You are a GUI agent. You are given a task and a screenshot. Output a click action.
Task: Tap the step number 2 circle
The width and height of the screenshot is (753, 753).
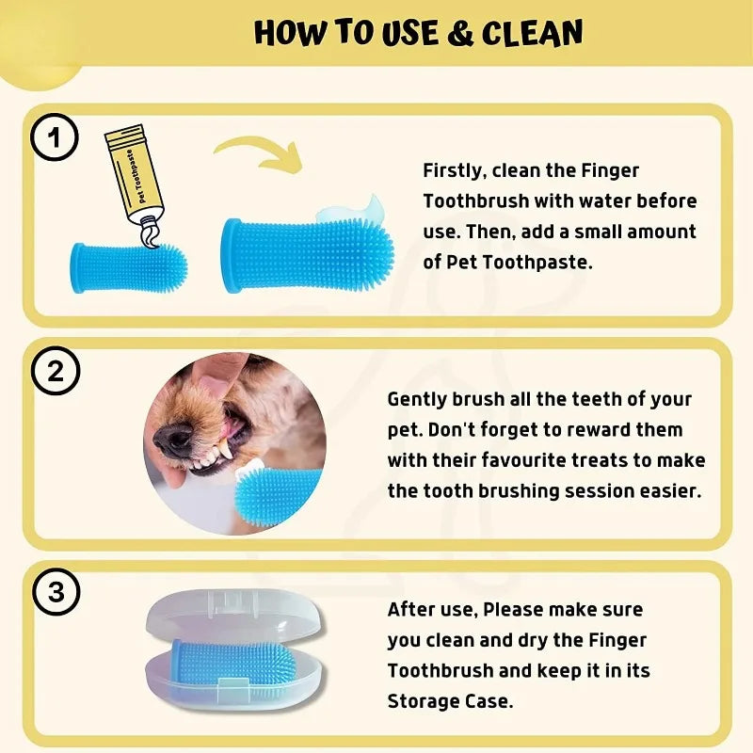point(56,372)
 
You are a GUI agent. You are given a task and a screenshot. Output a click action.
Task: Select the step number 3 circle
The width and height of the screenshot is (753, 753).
point(56,593)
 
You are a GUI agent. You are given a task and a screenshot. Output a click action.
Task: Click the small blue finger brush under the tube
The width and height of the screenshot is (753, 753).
point(128,266)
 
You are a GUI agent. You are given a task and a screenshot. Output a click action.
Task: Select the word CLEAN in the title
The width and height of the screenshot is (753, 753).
point(533,34)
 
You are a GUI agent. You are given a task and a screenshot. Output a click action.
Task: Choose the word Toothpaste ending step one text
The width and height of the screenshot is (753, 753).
point(545,262)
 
